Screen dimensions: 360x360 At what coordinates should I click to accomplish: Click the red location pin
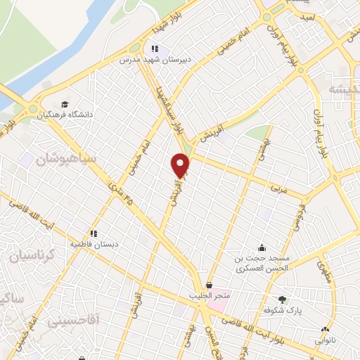point(181,166)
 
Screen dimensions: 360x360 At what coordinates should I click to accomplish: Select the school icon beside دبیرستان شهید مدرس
point(154,49)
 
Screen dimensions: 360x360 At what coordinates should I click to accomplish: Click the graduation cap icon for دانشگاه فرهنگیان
point(65,103)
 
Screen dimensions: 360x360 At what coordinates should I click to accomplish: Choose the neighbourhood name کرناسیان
point(28,253)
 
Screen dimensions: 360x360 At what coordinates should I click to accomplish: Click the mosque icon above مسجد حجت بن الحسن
point(262,247)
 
